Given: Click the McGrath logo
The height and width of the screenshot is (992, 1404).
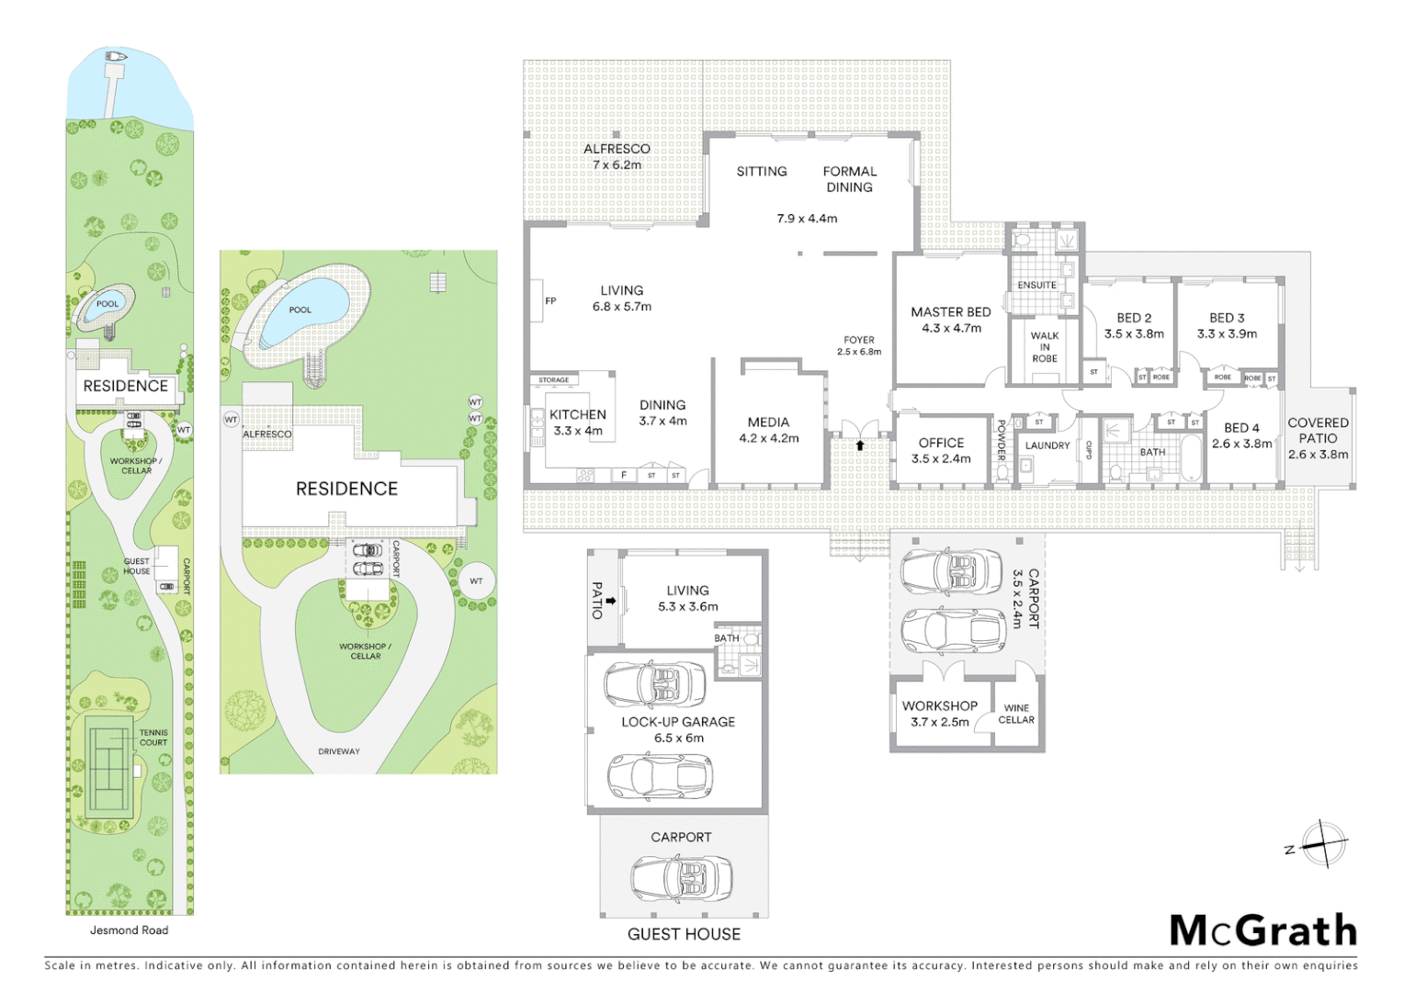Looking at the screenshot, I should pos(1262,930).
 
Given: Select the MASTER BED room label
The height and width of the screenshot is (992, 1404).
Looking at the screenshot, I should pos(950,312).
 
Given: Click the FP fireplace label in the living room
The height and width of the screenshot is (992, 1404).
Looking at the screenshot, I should pos(550,300).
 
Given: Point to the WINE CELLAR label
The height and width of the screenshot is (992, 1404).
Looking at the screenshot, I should pos(1016,714).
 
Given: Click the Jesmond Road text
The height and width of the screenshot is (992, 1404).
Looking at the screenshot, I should pos(129,930).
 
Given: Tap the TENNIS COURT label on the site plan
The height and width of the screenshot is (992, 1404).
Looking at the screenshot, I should pos(153,738).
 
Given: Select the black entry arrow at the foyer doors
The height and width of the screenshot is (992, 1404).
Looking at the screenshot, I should pos(860,445).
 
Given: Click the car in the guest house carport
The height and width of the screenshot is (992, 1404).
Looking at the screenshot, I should pos(681,878).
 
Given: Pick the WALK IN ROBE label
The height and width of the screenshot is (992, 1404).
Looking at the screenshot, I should pos(1044,347).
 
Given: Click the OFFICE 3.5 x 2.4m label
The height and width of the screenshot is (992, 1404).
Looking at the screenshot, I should pos(941,450).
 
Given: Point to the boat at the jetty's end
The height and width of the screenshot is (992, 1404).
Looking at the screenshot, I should pos(116,57).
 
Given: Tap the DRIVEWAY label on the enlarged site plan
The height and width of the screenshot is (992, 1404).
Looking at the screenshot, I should pos(339,751).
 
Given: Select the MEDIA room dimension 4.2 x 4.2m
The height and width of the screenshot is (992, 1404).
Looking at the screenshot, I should pos(768,438).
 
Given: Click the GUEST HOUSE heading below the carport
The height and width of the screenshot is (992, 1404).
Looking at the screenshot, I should pos(684,934).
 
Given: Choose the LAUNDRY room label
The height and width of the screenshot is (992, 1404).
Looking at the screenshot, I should pos(1047,445).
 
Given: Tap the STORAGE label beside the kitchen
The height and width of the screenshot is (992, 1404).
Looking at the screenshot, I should pos(553,379).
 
